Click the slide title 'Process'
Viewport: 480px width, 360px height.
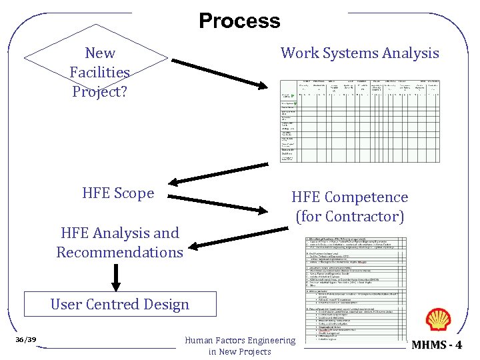[239, 21]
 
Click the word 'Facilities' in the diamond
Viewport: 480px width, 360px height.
[99, 72]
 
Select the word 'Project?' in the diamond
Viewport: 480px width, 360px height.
[99, 91]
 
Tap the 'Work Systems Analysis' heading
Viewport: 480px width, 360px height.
[359, 53]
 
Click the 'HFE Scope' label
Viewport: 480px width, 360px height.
[118, 193]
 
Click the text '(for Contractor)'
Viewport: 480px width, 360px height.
[349, 217]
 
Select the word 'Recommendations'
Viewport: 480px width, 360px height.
[119, 252]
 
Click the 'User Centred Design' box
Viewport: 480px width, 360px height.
[120, 304]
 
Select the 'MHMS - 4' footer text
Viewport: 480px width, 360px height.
[437, 345]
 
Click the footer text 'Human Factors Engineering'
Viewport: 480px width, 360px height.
[239, 341]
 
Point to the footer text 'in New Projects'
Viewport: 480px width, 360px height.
[239, 351]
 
